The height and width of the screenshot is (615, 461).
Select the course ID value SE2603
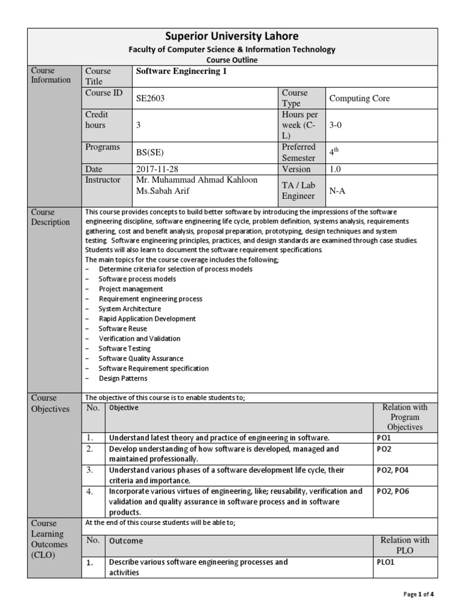click(151, 98)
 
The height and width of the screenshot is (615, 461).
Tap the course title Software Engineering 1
click(173, 71)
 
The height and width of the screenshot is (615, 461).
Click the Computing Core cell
click(359, 98)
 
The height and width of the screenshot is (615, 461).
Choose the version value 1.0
click(335, 169)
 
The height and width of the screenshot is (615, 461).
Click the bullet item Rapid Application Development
click(147, 319)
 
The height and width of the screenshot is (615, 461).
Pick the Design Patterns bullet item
click(122, 378)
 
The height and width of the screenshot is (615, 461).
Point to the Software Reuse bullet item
click(122, 329)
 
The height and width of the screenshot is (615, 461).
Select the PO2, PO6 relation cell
click(394, 491)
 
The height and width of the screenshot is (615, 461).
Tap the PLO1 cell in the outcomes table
click(385, 562)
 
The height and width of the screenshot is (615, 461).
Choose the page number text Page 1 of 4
click(419, 595)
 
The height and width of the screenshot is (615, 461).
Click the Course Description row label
click(51, 217)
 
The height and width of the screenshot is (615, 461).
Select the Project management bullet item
click(131, 289)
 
